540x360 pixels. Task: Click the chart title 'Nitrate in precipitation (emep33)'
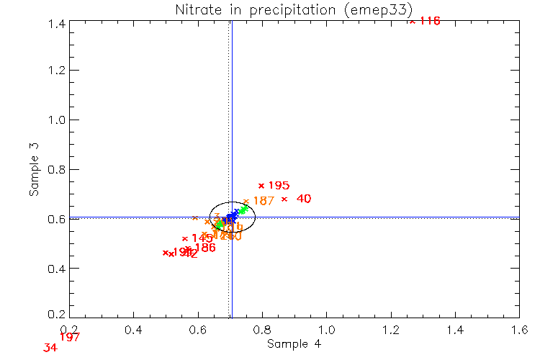click(x=294, y=9)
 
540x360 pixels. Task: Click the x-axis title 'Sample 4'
click(x=294, y=344)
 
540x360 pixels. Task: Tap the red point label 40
click(x=304, y=199)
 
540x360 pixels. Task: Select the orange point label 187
click(x=264, y=201)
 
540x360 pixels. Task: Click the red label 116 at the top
click(x=429, y=21)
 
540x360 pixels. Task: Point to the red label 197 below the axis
click(x=70, y=337)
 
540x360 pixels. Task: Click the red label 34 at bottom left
click(x=50, y=348)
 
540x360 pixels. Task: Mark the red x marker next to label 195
click(x=261, y=186)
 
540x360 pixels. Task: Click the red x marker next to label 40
click(x=284, y=199)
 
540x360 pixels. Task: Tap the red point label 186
click(x=204, y=248)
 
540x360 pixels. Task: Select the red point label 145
click(x=202, y=238)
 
